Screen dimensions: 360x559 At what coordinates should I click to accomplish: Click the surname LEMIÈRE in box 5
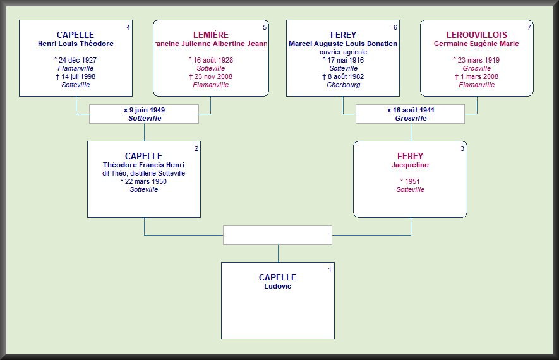point(211,35)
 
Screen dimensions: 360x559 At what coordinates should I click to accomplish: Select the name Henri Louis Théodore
point(75,44)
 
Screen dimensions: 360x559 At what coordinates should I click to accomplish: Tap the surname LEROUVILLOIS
point(477,35)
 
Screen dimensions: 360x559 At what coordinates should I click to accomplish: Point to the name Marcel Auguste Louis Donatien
point(343,44)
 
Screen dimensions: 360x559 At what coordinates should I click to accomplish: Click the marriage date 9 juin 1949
point(144,110)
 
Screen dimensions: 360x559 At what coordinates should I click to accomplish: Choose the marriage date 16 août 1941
point(411,110)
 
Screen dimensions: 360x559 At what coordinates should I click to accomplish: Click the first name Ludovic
point(277,286)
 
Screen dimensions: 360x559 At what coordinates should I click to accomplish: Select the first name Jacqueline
point(410,165)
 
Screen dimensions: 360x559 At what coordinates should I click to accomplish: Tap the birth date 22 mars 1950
point(143,181)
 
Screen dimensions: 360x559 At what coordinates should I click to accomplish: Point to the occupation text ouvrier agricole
point(343,52)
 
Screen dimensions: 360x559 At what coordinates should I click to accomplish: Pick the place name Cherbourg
point(343,85)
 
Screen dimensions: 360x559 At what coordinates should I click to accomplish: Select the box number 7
point(529,27)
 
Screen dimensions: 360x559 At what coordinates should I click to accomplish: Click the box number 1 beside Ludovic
point(329,270)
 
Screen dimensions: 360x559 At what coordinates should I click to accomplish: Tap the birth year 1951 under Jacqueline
point(410,181)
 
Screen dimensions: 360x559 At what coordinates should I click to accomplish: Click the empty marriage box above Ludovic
point(277,235)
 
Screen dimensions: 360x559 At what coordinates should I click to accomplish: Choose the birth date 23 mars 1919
point(476,60)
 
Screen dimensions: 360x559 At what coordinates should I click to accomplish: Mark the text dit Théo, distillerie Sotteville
point(143,173)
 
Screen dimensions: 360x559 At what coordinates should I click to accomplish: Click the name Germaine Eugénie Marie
point(476,44)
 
